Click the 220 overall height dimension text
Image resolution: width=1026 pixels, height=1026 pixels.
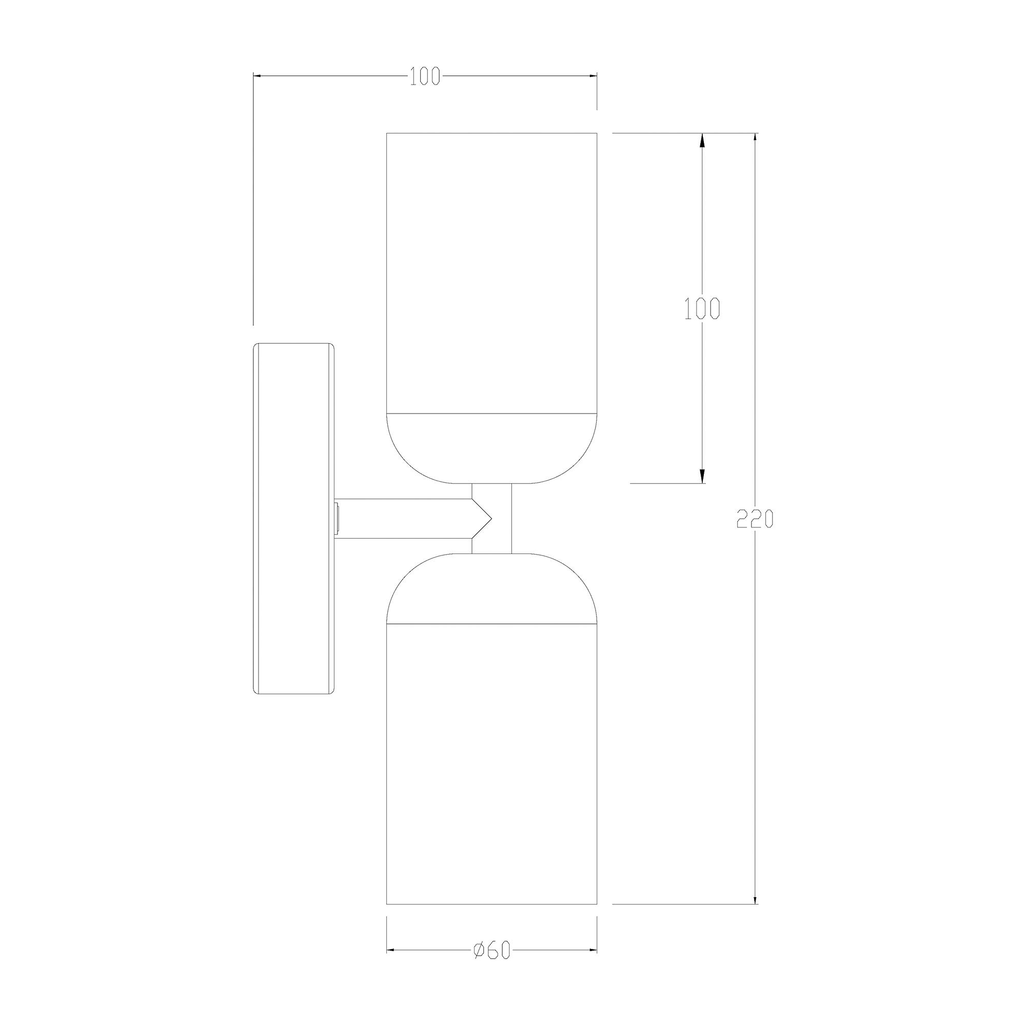755,519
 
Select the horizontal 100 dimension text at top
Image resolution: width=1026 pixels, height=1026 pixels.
425,76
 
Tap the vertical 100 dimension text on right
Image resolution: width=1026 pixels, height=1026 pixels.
701,308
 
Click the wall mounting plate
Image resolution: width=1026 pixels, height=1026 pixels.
293,518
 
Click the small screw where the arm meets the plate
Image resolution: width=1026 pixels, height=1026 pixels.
337,518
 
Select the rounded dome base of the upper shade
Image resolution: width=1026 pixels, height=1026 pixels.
491,449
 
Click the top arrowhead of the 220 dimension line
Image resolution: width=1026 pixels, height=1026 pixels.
755,139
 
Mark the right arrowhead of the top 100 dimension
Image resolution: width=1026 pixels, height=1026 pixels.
591,76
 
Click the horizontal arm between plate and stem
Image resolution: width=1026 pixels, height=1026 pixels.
404,518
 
